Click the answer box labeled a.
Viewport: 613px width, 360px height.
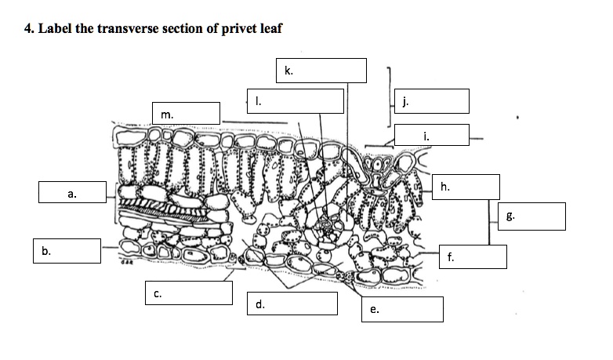point(71,192)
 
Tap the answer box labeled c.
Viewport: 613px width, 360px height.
point(188,293)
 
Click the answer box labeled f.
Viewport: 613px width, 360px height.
point(473,256)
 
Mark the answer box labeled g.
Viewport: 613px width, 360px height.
point(531,216)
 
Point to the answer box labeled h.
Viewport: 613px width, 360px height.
point(465,187)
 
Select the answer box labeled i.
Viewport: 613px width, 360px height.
point(431,135)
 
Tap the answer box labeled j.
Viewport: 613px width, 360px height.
point(432,101)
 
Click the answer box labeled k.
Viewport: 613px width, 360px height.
point(321,71)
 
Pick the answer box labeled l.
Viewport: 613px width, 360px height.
point(295,101)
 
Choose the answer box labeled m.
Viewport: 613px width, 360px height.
point(186,114)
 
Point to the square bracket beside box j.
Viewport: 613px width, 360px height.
point(389,96)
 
